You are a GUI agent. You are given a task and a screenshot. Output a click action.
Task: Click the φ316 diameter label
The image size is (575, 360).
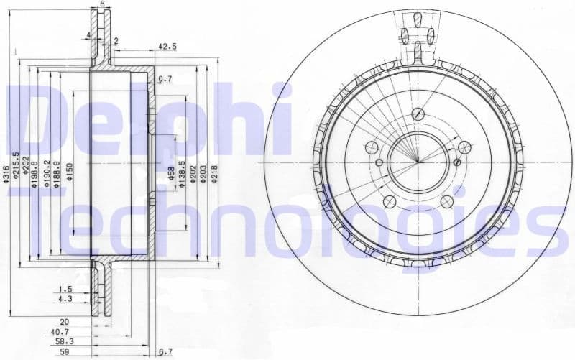click(6, 174)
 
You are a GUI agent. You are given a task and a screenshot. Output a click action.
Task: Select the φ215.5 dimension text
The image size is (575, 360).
click(16, 167)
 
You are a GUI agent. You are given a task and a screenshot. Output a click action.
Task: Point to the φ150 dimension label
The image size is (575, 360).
click(70, 172)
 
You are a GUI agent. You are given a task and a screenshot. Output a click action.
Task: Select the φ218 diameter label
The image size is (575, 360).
click(213, 173)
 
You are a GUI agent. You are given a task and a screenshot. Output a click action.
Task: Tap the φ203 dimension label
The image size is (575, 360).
click(203, 173)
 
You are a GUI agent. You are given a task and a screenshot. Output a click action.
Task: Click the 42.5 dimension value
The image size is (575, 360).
click(167, 47)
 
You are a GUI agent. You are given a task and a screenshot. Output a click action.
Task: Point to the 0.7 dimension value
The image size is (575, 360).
click(165, 78)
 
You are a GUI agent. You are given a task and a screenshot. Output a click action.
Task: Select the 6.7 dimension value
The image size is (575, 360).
click(165, 352)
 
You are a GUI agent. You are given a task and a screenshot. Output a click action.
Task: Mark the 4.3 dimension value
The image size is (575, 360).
click(65, 298)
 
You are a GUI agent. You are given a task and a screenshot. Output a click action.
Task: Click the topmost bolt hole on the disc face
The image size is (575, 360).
click(418, 114)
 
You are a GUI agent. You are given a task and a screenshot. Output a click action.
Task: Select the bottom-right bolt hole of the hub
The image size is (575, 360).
click(446, 201)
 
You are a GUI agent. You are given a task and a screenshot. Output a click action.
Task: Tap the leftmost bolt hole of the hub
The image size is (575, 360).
click(372, 147)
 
